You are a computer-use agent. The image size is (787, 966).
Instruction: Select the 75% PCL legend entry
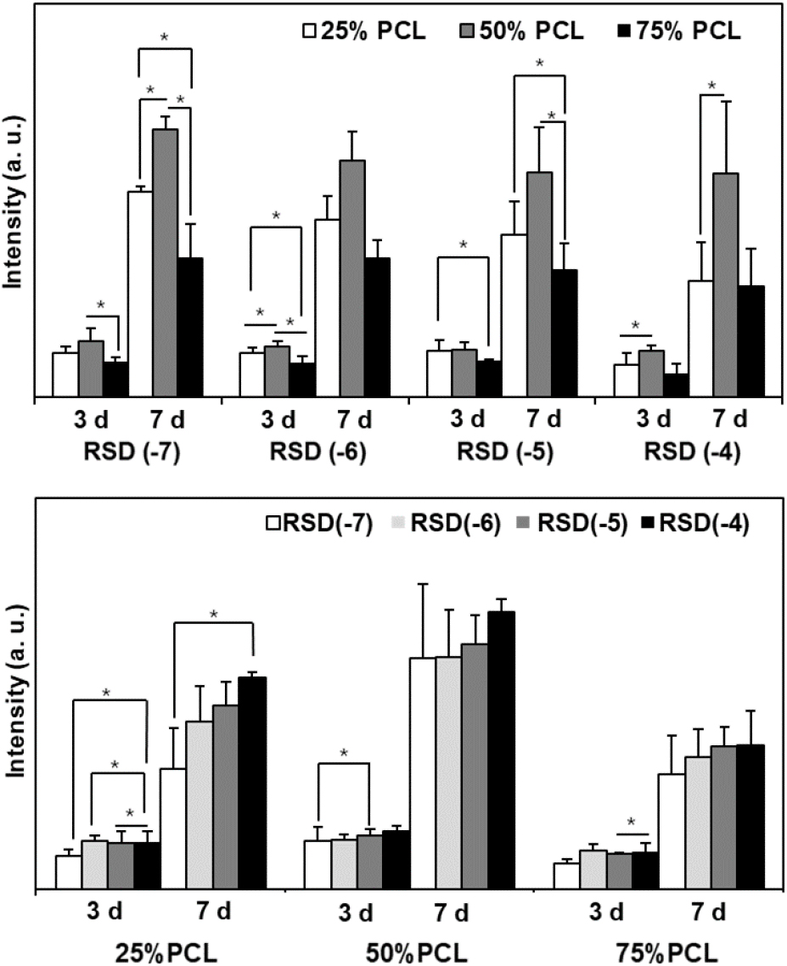pyautogui.click(x=677, y=32)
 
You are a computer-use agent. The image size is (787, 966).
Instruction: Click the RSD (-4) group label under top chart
pyautogui.click(x=692, y=452)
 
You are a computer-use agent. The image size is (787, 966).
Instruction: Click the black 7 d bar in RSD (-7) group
pyautogui.click(x=190, y=326)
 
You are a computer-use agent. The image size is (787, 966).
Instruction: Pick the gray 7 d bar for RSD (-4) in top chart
pyautogui.click(x=725, y=284)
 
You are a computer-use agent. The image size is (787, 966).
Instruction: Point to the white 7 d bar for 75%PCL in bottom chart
pyautogui.click(x=671, y=831)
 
